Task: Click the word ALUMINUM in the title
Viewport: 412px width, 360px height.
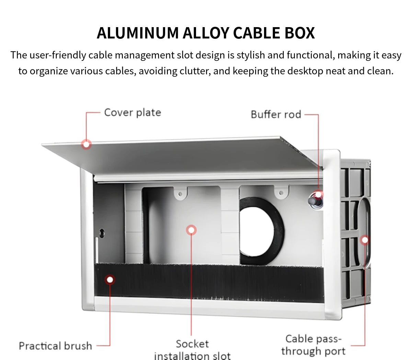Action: click(x=138, y=33)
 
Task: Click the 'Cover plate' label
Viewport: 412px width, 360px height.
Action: click(x=133, y=113)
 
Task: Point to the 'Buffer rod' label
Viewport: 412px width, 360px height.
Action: click(x=276, y=114)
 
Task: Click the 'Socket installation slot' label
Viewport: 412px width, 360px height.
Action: click(x=192, y=350)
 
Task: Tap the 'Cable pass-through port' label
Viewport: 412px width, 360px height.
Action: click(x=313, y=345)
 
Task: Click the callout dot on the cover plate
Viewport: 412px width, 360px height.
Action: click(x=87, y=144)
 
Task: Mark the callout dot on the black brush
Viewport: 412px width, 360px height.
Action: click(x=110, y=280)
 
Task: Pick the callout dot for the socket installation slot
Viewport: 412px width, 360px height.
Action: click(x=191, y=230)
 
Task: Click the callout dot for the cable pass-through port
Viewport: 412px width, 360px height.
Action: click(x=365, y=240)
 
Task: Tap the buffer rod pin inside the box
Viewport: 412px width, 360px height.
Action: click(x=314, y=201)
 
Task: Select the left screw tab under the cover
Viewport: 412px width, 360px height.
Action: click(x=181, y=194)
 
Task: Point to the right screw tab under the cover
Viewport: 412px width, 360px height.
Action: click(x=282, y=193)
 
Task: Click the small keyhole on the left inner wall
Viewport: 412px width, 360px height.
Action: click(x=102, y=233)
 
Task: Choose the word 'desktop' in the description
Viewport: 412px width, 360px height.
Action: click(x=305, y=71)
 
